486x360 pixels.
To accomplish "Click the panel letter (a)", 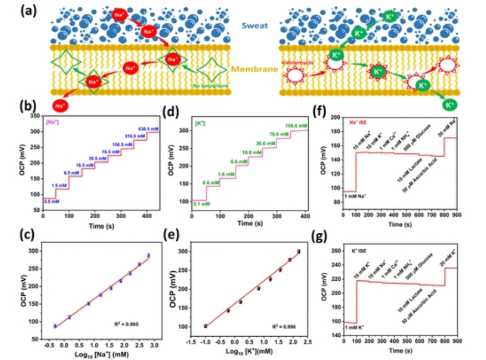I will coord(14,9).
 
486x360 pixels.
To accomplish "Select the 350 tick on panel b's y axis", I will coord(35,117).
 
